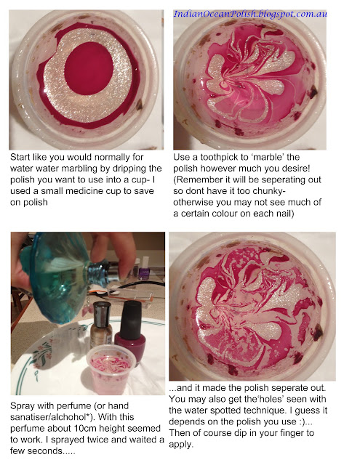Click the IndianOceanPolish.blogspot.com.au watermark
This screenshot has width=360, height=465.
click(x=250, y=14)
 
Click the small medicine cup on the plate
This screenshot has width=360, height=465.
click(x=111, y=371)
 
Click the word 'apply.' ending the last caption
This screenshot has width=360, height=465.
click(x=181, y=445)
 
